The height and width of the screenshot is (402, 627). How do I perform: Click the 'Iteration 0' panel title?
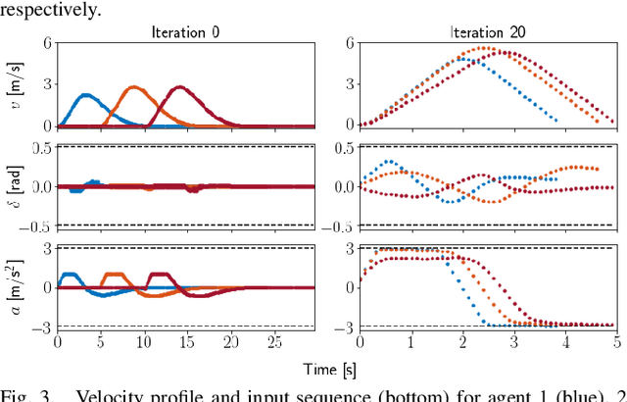pyautogui.click(x=186, y=32)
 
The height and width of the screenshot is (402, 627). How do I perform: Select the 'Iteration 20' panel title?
pyautogui.click(x=487, y=32)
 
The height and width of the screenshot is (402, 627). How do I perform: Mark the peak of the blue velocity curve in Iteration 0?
pyautogui.click(x=85, y=95)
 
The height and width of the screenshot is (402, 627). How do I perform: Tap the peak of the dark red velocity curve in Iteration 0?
pyautogui.click(x=179, y=87)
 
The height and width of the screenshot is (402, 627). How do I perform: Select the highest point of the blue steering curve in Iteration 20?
pyautogui.click(x=389, y=161)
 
